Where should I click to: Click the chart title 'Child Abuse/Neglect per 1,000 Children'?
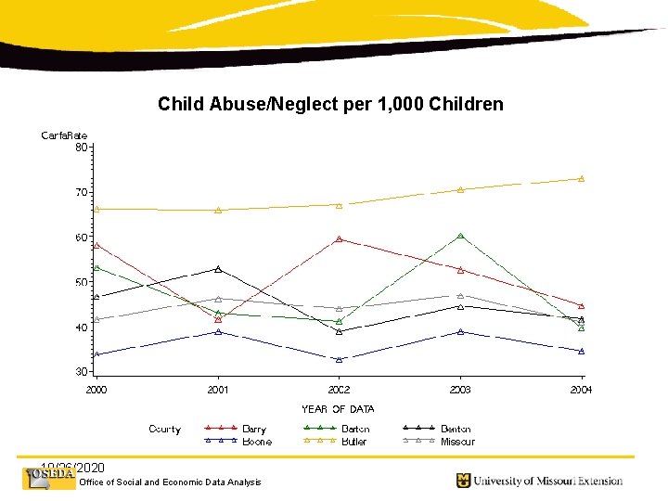[330, 104]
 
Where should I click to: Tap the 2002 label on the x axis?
[339, 390]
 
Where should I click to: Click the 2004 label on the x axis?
[581, 390]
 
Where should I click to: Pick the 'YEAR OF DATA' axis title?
[338, 409]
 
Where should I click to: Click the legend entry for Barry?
[253, 430]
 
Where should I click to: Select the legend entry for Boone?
[256, 443]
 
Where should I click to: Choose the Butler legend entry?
[354, 443]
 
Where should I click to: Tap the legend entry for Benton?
[455, 430]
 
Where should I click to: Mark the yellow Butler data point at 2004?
[582, 178]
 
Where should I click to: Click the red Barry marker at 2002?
[339, 239]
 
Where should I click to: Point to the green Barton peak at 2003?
[460, 236]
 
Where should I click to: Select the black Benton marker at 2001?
[218, 269]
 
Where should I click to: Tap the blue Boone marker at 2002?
[339, 360]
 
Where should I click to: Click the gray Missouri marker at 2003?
[460, 295]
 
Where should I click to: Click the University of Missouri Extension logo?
[538, 481]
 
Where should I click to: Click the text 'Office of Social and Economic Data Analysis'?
[171, 482]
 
